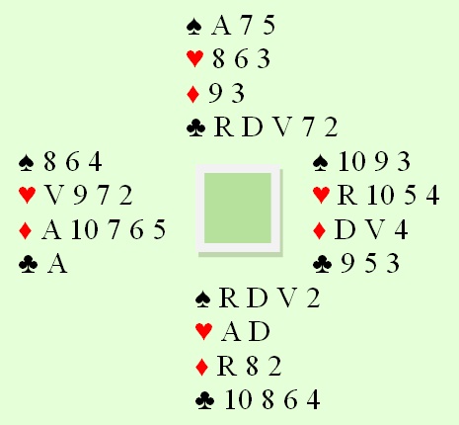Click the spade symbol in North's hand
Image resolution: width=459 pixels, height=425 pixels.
coord(193,27)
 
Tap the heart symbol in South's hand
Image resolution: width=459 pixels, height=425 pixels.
coord(204,331)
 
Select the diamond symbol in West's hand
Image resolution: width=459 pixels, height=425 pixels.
coord(26,230)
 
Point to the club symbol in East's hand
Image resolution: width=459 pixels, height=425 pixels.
coord(322,264)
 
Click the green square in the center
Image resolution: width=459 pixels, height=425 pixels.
coord(238,209)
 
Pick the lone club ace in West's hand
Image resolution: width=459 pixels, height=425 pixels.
coord(57,264)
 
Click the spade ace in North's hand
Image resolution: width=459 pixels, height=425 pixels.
coord(221,26)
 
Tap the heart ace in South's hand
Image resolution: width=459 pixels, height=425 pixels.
coord(231,331)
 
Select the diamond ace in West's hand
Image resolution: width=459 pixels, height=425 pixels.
coord(51,230)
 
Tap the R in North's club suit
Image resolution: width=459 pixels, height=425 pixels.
coord(224,127)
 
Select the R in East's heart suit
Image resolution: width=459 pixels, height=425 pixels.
coord(347,196)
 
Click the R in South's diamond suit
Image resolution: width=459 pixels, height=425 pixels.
coord(227,366)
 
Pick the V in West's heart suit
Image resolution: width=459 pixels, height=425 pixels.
coord(54,196)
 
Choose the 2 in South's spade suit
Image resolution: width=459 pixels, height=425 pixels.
coord(313,298)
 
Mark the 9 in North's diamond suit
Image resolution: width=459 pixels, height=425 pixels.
coord(215,94)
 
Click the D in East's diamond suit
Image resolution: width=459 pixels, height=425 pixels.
coord(344,230)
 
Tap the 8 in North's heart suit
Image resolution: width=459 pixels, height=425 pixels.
coord(218,59)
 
